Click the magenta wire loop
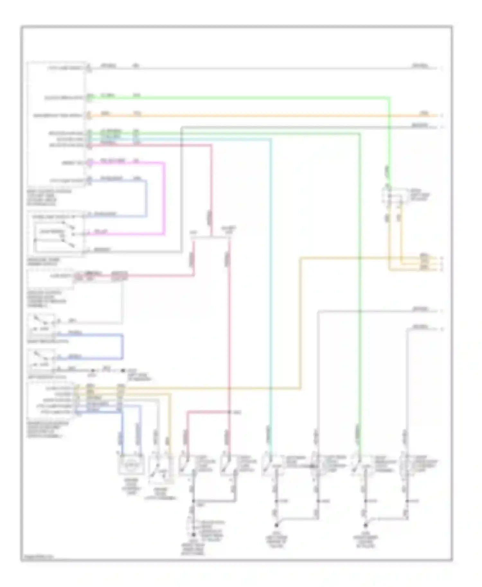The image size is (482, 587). (165, 199)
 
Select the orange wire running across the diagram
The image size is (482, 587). (257, 116)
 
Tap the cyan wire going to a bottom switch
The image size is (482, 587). (271, 289)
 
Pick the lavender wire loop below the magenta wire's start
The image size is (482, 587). (147, 199)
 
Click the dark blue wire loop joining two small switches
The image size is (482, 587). (122, 347)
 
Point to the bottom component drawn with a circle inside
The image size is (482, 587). (131, 464)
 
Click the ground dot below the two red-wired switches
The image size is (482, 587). (193, 535)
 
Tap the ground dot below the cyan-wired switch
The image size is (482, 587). (276, 526)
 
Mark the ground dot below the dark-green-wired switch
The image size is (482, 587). (365, 526)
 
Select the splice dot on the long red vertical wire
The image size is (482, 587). (229, 412)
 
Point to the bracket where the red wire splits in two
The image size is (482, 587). (210, 238)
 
